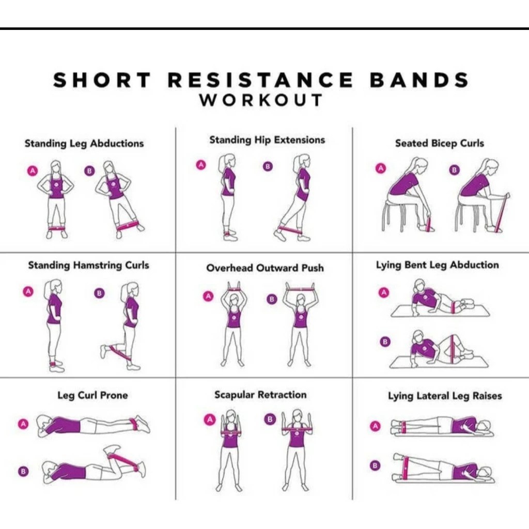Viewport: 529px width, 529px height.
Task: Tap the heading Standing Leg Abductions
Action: point(84,143)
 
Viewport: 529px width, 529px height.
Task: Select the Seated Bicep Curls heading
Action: point(440,143)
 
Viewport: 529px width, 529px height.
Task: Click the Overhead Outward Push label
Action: point(265,268)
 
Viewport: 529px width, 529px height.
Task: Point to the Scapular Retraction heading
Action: point(260,395)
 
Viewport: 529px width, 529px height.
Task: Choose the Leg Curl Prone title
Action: point(92,396)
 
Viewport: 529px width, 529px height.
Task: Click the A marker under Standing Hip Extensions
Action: point(201,165)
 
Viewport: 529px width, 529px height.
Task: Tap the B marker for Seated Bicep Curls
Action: point(454,170)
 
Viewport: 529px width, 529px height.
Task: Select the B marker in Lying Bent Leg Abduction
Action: point(384,341)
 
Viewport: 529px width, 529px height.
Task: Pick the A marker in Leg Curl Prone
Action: point(23,424)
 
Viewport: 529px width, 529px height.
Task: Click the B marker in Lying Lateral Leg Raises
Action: point(376,465)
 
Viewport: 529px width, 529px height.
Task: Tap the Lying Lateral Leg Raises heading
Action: point(445,396)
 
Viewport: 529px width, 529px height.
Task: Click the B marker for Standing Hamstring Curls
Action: point(100,293)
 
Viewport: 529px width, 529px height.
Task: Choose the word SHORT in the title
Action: point(102,80)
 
